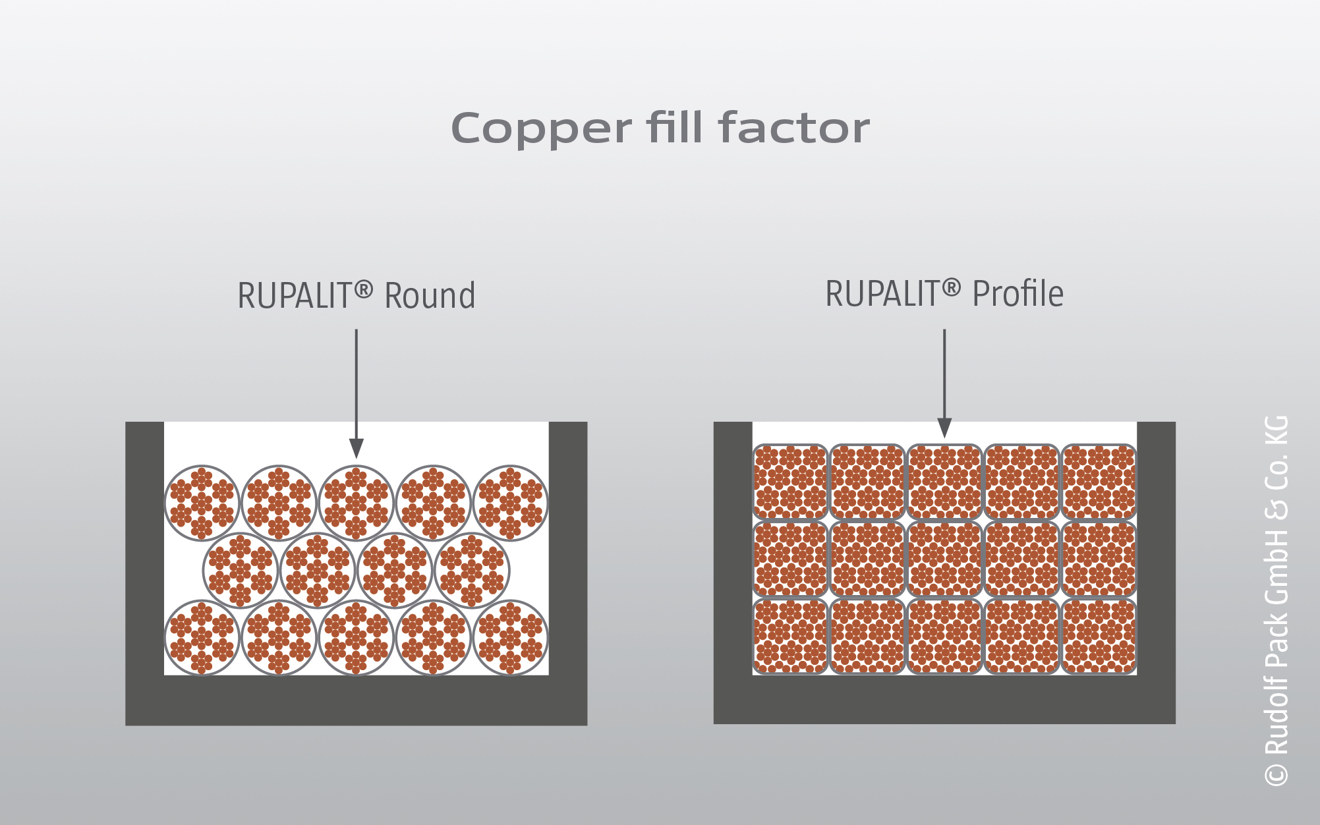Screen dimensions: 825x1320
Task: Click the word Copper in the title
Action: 540,128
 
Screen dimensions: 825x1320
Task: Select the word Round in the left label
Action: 430,296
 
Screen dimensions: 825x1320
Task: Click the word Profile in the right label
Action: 1018,294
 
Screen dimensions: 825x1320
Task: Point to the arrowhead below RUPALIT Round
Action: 357,448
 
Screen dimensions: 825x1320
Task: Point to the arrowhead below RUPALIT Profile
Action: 944,428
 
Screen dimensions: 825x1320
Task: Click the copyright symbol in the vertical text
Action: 1277,774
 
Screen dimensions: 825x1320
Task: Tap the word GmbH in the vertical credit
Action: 1277,566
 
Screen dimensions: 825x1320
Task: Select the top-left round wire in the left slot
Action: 202,503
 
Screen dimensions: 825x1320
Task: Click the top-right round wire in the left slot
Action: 511,503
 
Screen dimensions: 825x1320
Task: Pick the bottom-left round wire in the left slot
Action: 202,637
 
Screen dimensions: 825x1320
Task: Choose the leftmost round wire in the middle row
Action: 241,570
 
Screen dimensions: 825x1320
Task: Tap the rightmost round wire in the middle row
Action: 472,570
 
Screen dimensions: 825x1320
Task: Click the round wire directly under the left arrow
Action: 357,503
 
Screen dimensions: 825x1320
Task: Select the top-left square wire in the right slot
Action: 790,482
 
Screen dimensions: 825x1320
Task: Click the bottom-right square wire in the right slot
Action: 1099,636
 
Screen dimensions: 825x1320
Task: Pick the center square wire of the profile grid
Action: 944,559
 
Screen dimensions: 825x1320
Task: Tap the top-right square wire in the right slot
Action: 1099,482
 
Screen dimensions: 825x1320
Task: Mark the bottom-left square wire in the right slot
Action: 790,636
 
